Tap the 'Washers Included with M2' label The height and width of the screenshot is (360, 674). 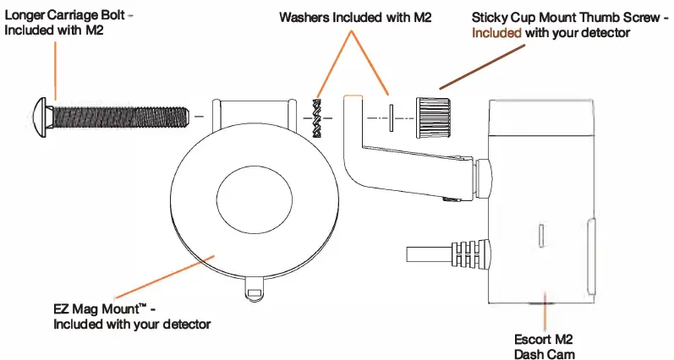[x=355, y=17]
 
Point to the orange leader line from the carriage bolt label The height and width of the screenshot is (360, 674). [x=56, y=72]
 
